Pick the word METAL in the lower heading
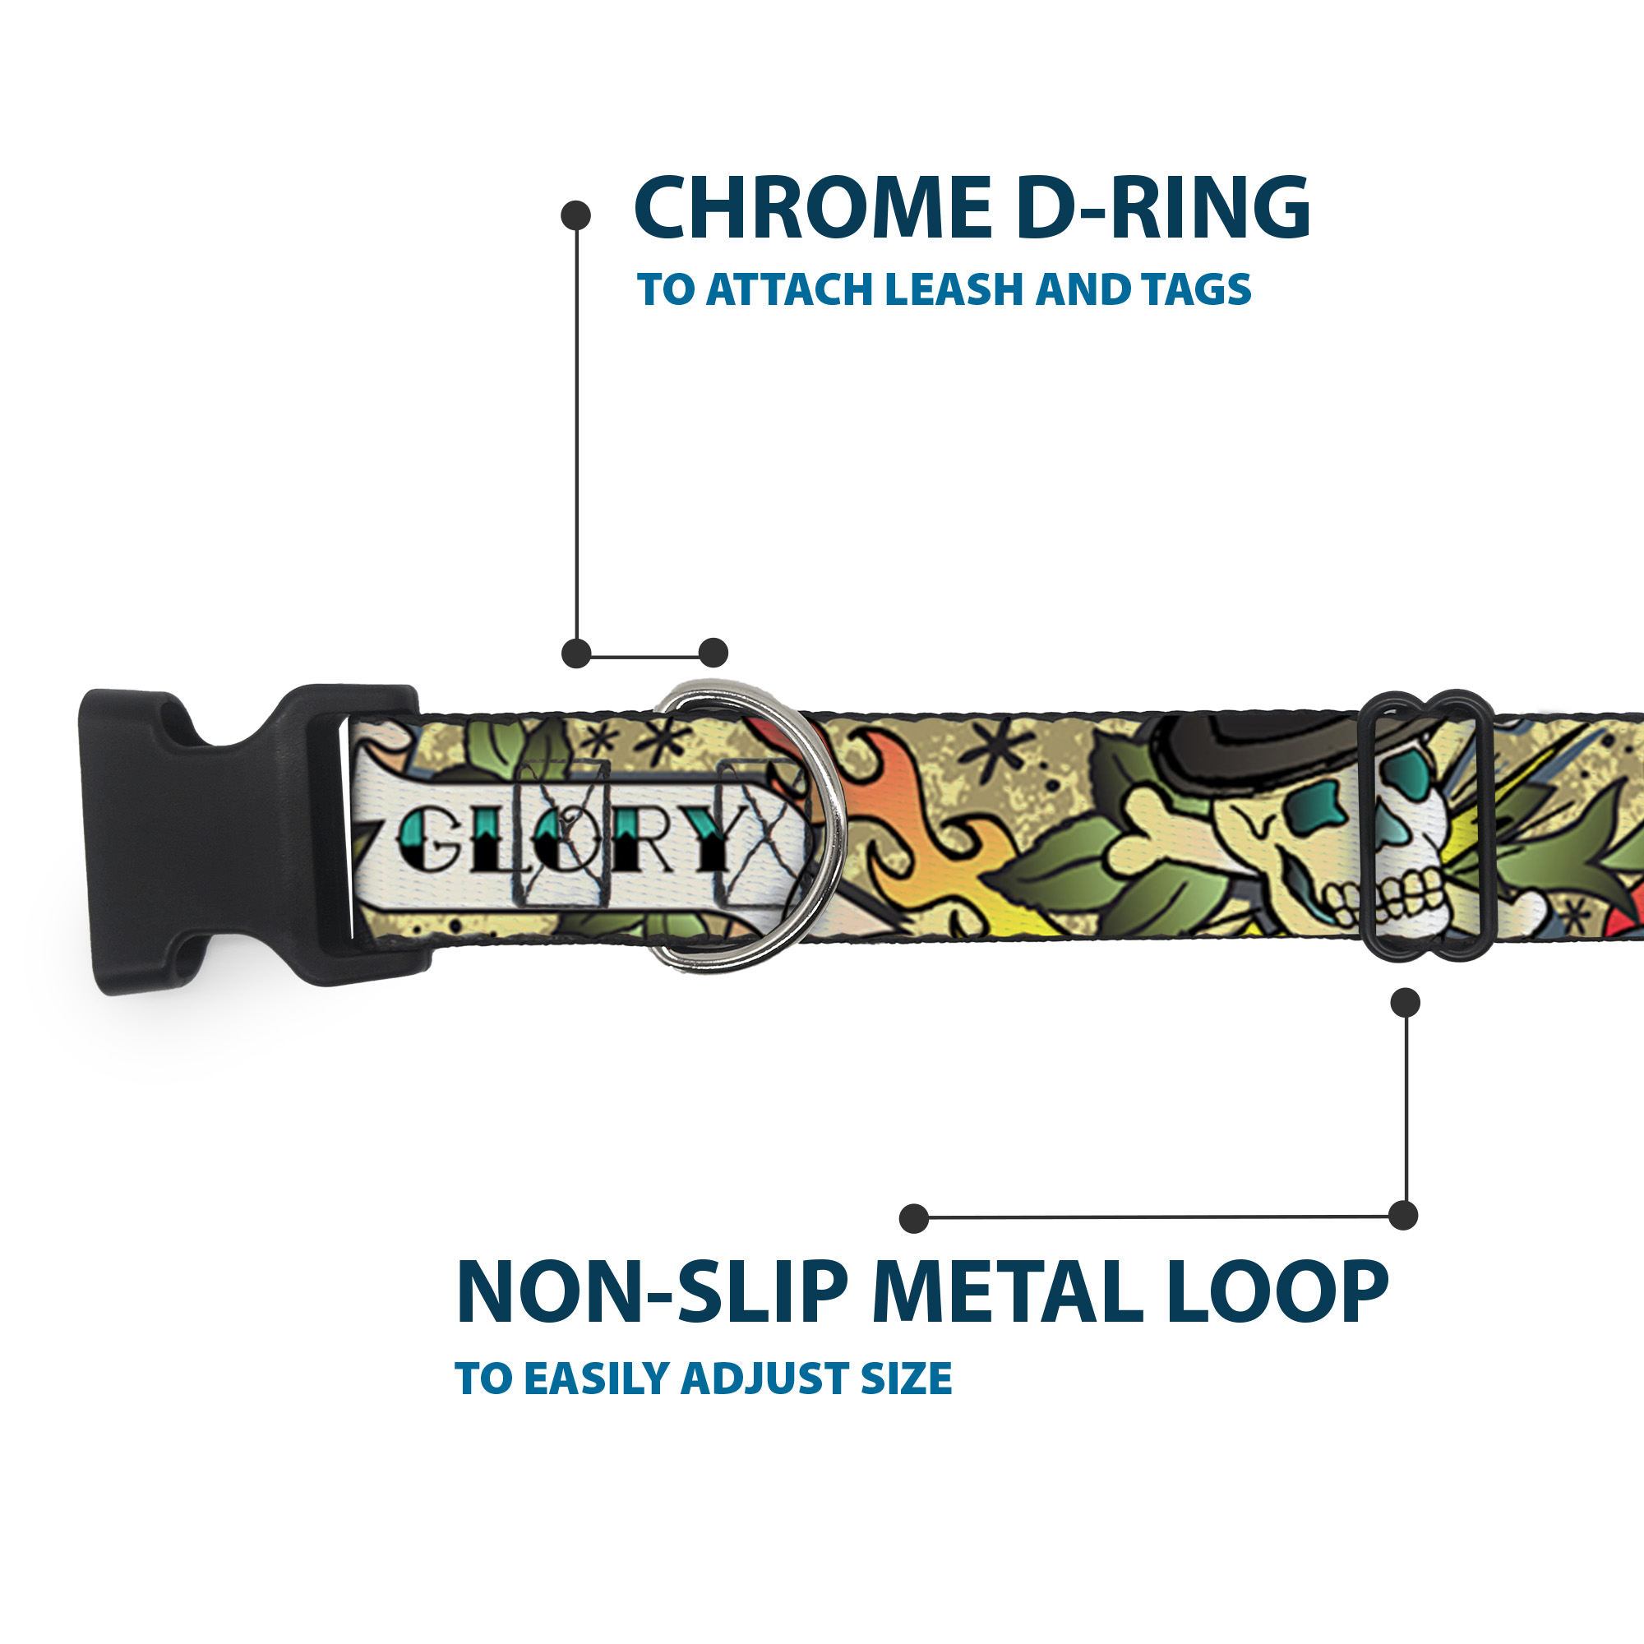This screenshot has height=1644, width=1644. (x=1008, y=1292)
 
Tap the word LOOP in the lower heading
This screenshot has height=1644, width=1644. (x=1277, y=1292)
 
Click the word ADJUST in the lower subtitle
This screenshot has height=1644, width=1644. (x=762, y=1379)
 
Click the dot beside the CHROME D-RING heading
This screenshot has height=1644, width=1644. (x=576, y=215)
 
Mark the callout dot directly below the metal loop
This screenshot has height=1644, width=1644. (x=1405, y=1003)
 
